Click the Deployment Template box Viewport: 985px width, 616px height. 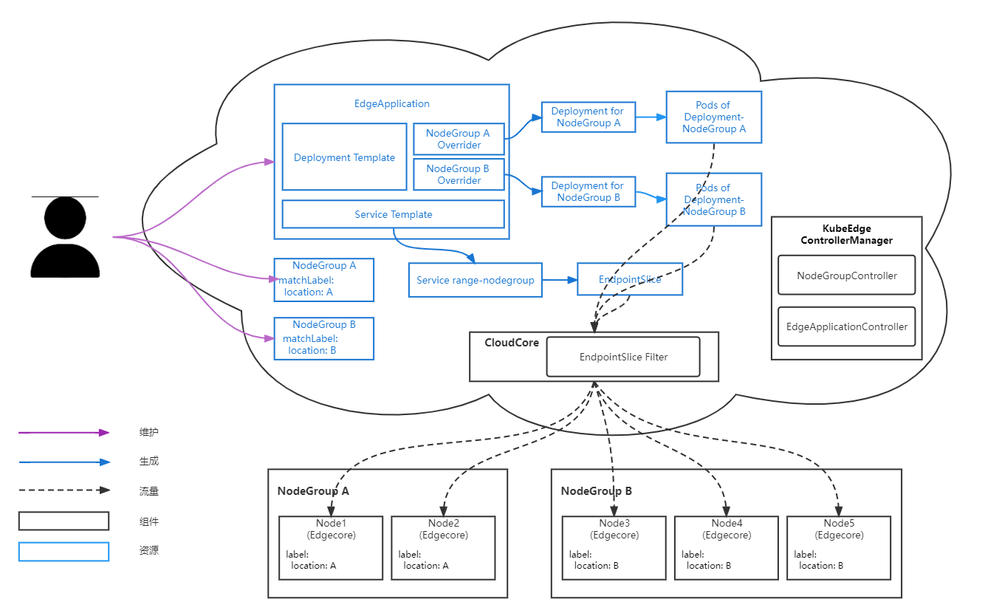[344, 157]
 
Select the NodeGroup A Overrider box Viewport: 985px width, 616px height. [459, 139]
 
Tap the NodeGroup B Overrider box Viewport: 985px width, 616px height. [459, 174]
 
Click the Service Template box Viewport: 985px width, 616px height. [393, 214]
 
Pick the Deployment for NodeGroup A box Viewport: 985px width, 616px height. [588, 117]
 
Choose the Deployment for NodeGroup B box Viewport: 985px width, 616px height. [588, 191]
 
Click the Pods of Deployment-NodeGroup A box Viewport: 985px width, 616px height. [713, 117]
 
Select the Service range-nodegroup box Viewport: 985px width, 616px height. [475, 280]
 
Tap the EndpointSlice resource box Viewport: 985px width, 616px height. [630, 279]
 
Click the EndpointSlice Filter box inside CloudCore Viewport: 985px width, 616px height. [622, 357]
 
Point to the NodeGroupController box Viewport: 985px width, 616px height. [846, 276]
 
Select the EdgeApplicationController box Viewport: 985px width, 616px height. [846, 326]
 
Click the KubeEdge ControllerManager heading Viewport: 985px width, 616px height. [846, 234]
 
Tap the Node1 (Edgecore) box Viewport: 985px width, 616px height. [331, 547]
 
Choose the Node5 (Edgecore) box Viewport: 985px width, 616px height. [839, 547]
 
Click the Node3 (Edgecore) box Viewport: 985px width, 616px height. [614, 547]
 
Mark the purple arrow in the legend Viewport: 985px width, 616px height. [64, 433]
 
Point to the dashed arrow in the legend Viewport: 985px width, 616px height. [64, 490]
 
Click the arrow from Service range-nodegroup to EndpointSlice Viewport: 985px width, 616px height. [560, 280]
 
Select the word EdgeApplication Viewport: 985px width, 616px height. [391, 103]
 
